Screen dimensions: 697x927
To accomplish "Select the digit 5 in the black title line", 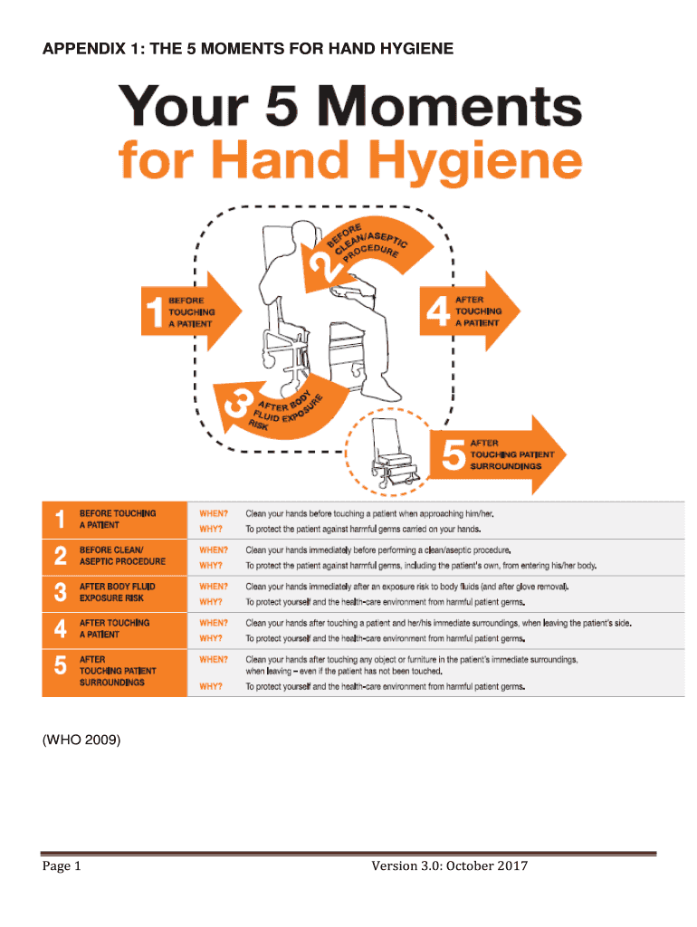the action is coord(282,105).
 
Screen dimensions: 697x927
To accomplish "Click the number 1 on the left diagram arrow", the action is coord(154,311).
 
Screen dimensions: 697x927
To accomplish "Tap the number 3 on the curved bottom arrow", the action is coord(237,405).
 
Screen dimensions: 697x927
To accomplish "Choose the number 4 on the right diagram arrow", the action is coord(438,311).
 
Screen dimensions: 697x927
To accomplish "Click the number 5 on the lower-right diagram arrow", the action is coord(454,454).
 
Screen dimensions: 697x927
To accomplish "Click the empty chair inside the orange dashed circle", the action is coord(393,453).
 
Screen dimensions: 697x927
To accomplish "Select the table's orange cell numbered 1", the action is coord(115,520).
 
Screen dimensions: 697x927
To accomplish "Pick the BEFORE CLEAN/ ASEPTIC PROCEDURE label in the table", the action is coord(122,556).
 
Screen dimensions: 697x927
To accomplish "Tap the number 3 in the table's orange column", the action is coord(61,592).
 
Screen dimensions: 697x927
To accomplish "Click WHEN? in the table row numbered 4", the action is coord(214,623).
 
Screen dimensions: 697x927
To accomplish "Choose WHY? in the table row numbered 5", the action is coord(211,686).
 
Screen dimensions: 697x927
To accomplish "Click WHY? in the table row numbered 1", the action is coord(211,529).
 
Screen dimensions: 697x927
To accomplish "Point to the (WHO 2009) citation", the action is coord(81,740).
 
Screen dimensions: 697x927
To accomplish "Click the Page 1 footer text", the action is coord(62,866).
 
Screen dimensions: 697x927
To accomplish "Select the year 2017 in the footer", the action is coord(512,865).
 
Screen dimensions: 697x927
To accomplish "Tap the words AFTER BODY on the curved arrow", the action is coord(285,402).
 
